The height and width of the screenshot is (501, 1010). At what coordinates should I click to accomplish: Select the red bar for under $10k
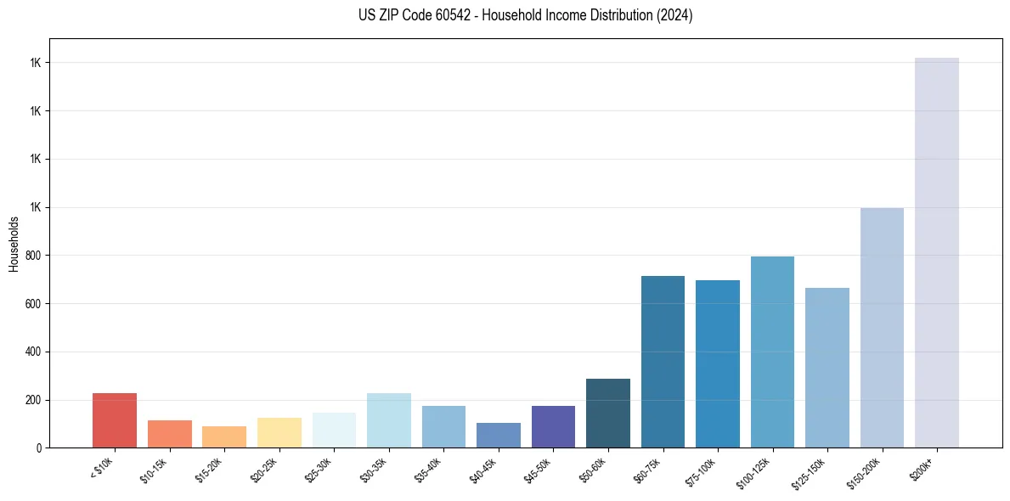[x=115, y=420]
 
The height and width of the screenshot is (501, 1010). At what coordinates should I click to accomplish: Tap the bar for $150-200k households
[x=882, y=328]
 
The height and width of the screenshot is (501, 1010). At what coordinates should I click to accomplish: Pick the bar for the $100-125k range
[x=772, y=352]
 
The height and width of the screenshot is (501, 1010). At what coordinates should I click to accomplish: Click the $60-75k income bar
[x=663, y=362]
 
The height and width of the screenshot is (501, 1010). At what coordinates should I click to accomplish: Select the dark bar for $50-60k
[x=608, y=413]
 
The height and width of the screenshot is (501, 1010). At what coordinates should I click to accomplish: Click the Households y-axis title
[x=14, y=244]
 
